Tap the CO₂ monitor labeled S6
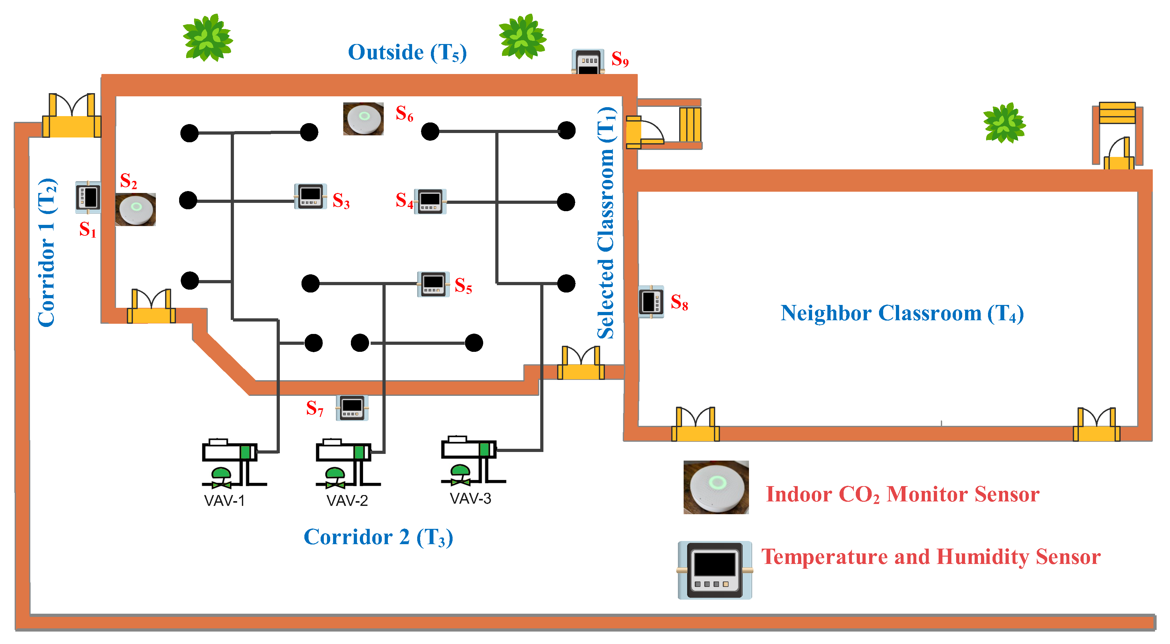363,119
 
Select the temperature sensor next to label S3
311,196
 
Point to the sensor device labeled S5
433,284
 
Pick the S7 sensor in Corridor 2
352,408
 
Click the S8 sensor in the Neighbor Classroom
651,302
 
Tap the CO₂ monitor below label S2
135,210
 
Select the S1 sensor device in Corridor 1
88,197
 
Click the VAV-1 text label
224,501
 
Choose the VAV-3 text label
470,499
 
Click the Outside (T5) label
407,53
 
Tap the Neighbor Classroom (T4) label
902,313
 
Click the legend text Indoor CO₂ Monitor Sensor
903,494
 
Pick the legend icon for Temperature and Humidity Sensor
715,570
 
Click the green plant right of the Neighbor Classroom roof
1004,123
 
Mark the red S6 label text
404,113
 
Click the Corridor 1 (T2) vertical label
47,252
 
